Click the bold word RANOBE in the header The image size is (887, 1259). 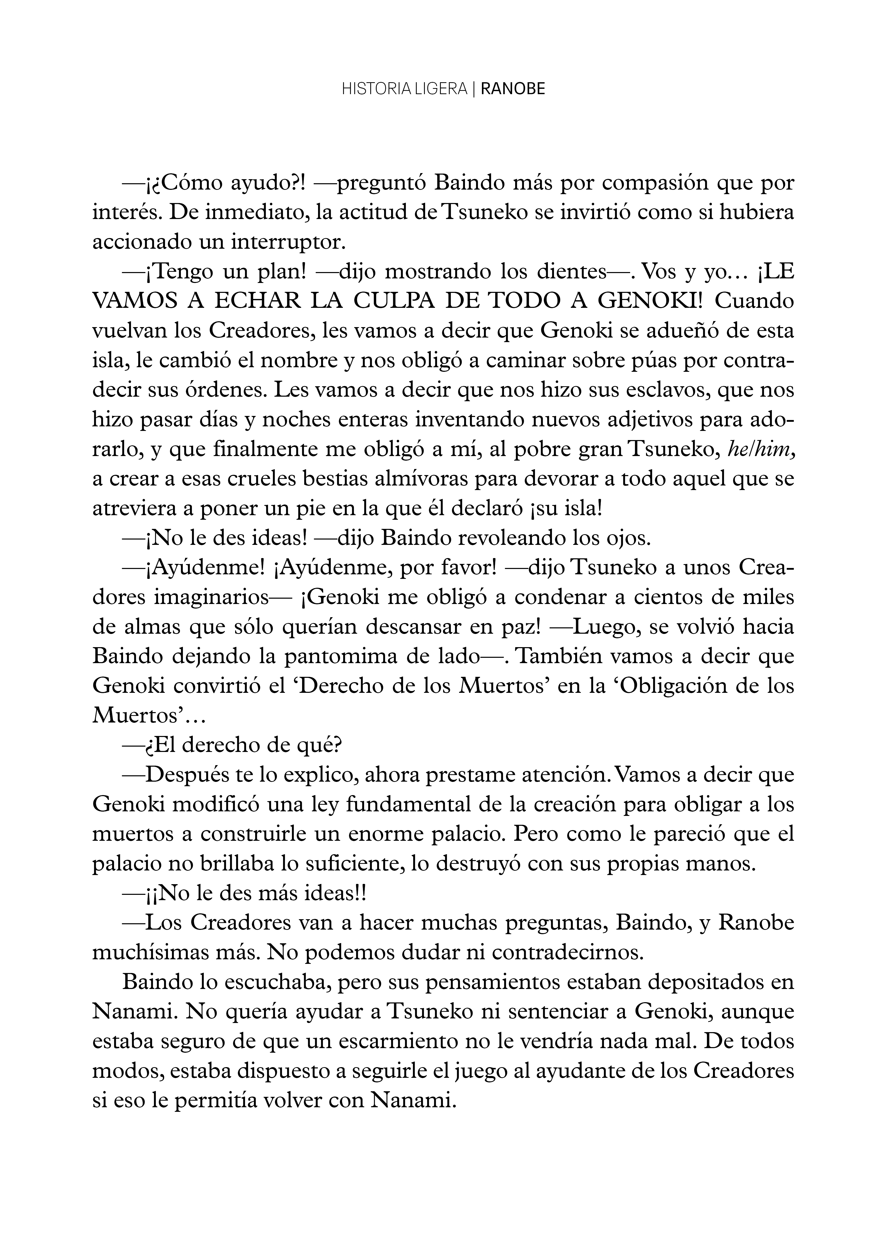coord(513,89)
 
